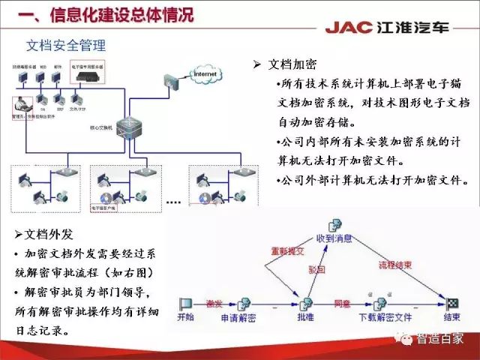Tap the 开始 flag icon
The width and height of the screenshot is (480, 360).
(185, 304)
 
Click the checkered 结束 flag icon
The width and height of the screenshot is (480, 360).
(452, 304)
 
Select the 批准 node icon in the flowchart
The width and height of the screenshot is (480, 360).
(305, 304)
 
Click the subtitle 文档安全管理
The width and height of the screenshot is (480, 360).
(66, 46)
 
